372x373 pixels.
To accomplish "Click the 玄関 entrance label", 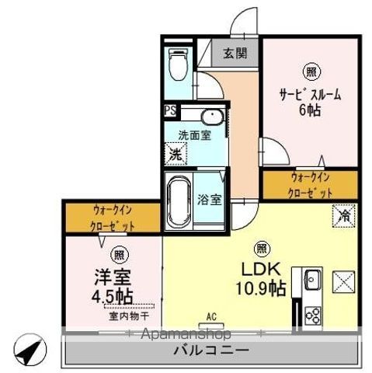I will pyautogui.click(x=235, y=54).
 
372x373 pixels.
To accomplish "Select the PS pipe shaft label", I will pyautogui.click(x=169, y=110).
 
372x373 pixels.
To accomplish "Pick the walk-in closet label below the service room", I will pyautogui.click(x=311, y=185).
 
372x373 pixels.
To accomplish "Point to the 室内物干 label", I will pyautogui.click(x=123, y=316).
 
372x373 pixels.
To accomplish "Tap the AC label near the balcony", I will pyautogui.click(x=210, y=317).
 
